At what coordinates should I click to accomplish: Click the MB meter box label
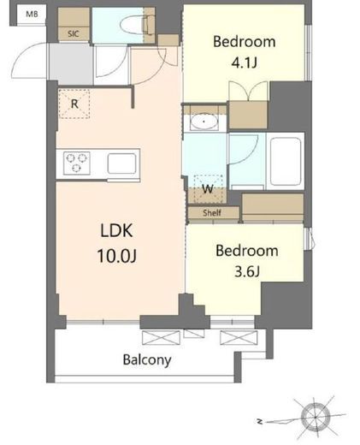(x=32, y=14)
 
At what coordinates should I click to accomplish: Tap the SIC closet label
(x=74, y=33)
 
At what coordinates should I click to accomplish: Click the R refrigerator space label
(x=74, y=104)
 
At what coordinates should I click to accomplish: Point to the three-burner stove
(x=77, y=163)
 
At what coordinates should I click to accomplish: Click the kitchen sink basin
(x=121, y=163)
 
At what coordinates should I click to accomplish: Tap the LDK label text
(x=116, y=230)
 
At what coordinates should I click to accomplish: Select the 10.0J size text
(x=117, y=256)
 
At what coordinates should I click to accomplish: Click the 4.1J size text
(x=245, y=62)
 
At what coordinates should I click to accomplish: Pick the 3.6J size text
(x=247, y=271)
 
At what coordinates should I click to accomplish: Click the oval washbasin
(x=204, y=122)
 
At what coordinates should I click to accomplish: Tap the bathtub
(x=286, y=162)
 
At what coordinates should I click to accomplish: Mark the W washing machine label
(x=208, y=188)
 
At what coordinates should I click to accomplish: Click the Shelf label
(x=212, y=212)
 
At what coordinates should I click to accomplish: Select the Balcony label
(x=147, y=360)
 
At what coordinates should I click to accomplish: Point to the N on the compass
(x=259, y=421)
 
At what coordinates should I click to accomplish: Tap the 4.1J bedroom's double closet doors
(x=248, y=91)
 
